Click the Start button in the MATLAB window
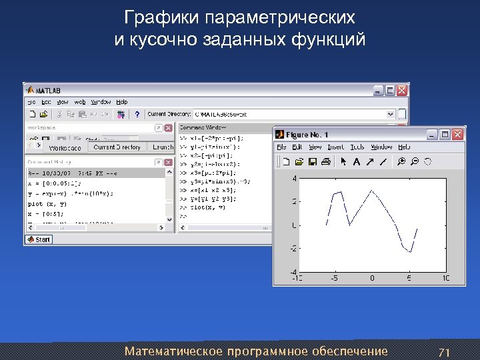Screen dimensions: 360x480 (39, 239)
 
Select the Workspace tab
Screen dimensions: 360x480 (65, 148)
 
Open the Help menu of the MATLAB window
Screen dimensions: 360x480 (121, 102)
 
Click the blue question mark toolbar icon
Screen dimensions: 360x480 (137, 115)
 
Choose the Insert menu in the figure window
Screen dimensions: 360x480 (336, 147)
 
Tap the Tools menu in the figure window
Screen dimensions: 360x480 (357, 147)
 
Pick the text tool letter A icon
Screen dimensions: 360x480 (357, 161)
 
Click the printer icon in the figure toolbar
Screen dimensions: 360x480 (325, 161)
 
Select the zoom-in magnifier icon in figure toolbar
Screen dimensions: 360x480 (401, 161)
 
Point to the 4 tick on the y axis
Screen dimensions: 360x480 (295, 179)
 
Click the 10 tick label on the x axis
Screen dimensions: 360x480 (445, 278)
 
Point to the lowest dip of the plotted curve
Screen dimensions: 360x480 (410, 253)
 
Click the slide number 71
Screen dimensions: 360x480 (444, 351)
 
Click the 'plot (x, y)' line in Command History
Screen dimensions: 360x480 (47, 203)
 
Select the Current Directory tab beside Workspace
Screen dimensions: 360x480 (117, 147)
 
